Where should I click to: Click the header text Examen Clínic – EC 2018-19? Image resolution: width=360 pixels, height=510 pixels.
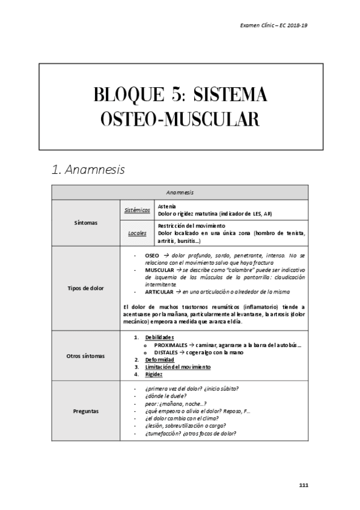click(x=274, y=26)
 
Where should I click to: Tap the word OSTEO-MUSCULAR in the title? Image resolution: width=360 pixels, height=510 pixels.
click(x=180, y=120)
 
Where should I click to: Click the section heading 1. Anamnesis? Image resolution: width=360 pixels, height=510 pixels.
click(x=90, y=170)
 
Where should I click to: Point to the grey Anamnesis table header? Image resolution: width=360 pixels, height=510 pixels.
click(x=180, y=193)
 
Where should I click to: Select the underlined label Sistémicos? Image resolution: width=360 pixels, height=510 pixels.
click(x=136, y=210)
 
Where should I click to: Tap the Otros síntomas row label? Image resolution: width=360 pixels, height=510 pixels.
click(x=86, y=355)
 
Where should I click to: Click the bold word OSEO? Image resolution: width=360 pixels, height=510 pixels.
click(x=152, y=256)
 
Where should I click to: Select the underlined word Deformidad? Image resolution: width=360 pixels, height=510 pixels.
click(x=159, y=359)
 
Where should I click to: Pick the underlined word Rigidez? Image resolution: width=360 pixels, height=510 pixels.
click(x=154, y=373)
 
